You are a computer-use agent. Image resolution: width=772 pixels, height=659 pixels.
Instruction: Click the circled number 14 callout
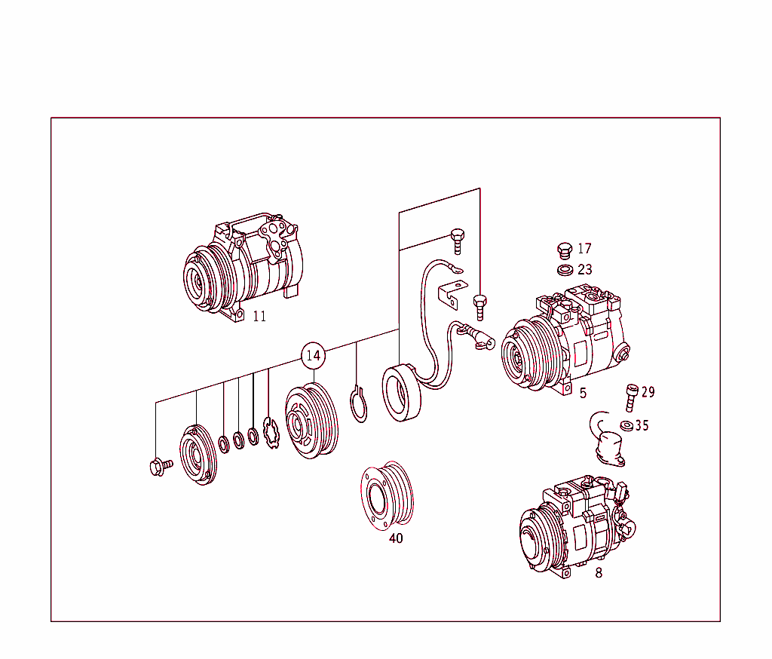313,355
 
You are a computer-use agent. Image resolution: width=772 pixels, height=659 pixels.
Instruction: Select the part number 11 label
259,317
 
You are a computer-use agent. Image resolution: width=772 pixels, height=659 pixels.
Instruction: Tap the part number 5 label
583,393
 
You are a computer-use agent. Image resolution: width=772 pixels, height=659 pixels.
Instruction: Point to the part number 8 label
599,573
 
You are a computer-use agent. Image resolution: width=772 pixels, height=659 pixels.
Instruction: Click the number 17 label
584,249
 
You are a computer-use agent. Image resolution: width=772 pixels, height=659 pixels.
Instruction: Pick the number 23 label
584,269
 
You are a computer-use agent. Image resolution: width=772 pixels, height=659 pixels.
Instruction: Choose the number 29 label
648,392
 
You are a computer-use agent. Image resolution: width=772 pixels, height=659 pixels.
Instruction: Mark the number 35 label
641,425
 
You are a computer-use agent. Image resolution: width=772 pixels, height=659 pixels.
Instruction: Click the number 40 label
396,538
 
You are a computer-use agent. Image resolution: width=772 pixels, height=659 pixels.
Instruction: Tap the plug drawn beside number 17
563,250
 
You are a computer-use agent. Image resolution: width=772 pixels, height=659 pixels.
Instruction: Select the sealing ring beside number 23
563,270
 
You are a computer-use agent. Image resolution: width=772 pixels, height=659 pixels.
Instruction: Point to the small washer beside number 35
625,425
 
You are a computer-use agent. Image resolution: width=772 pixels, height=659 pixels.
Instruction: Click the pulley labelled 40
388,495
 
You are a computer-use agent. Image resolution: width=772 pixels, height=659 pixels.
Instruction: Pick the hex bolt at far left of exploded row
160,467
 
